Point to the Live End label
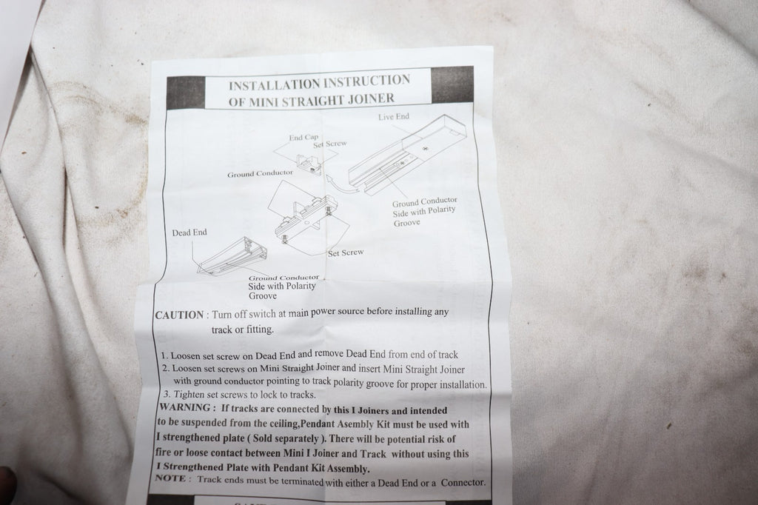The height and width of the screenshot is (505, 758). pos(394,116)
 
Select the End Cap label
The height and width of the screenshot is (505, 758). pos(303,138)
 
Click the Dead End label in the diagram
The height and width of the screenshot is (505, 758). pos(189,233)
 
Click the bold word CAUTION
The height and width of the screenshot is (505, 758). pos(179,315)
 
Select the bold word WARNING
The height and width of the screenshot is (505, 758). pos(184,407)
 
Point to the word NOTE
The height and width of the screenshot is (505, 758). pos(170,478)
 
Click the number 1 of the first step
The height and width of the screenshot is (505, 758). pos(164,355)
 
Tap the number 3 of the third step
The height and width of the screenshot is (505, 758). pos(167,394)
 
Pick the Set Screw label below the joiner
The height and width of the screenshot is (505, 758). pos(346,253)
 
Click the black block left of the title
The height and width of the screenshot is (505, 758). pos(186,93)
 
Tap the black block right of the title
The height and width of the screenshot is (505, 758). pos(452,84)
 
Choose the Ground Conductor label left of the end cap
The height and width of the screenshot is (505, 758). pos(260,174)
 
